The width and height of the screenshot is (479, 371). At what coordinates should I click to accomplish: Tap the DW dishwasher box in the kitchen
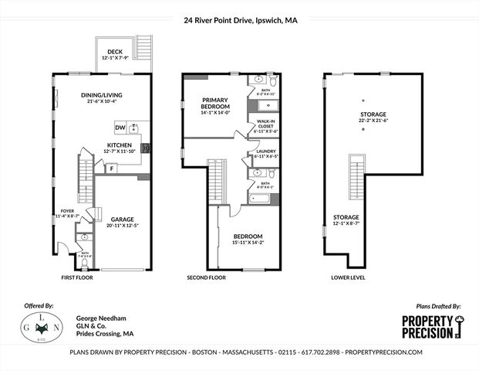[120, 128]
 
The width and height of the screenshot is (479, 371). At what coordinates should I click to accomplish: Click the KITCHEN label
[119, 145]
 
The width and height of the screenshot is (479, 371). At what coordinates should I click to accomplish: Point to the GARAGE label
[123, 219]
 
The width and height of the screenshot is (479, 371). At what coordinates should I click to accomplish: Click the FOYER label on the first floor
[69, 209]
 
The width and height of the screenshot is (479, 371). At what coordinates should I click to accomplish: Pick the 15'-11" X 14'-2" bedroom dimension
[248, 243]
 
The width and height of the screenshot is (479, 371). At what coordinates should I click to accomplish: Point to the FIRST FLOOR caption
[77, 277]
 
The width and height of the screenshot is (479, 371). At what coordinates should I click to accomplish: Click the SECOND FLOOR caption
[206, 277]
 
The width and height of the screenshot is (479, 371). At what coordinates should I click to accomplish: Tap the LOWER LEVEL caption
[348, 277]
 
